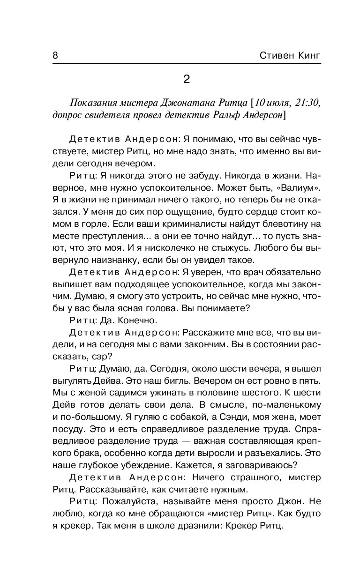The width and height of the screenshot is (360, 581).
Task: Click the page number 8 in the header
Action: (x=55, y=55)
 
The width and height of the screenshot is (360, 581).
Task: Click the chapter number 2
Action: (x=186, y=79)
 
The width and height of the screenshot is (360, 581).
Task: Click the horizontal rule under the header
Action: (x=187, y=64)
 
